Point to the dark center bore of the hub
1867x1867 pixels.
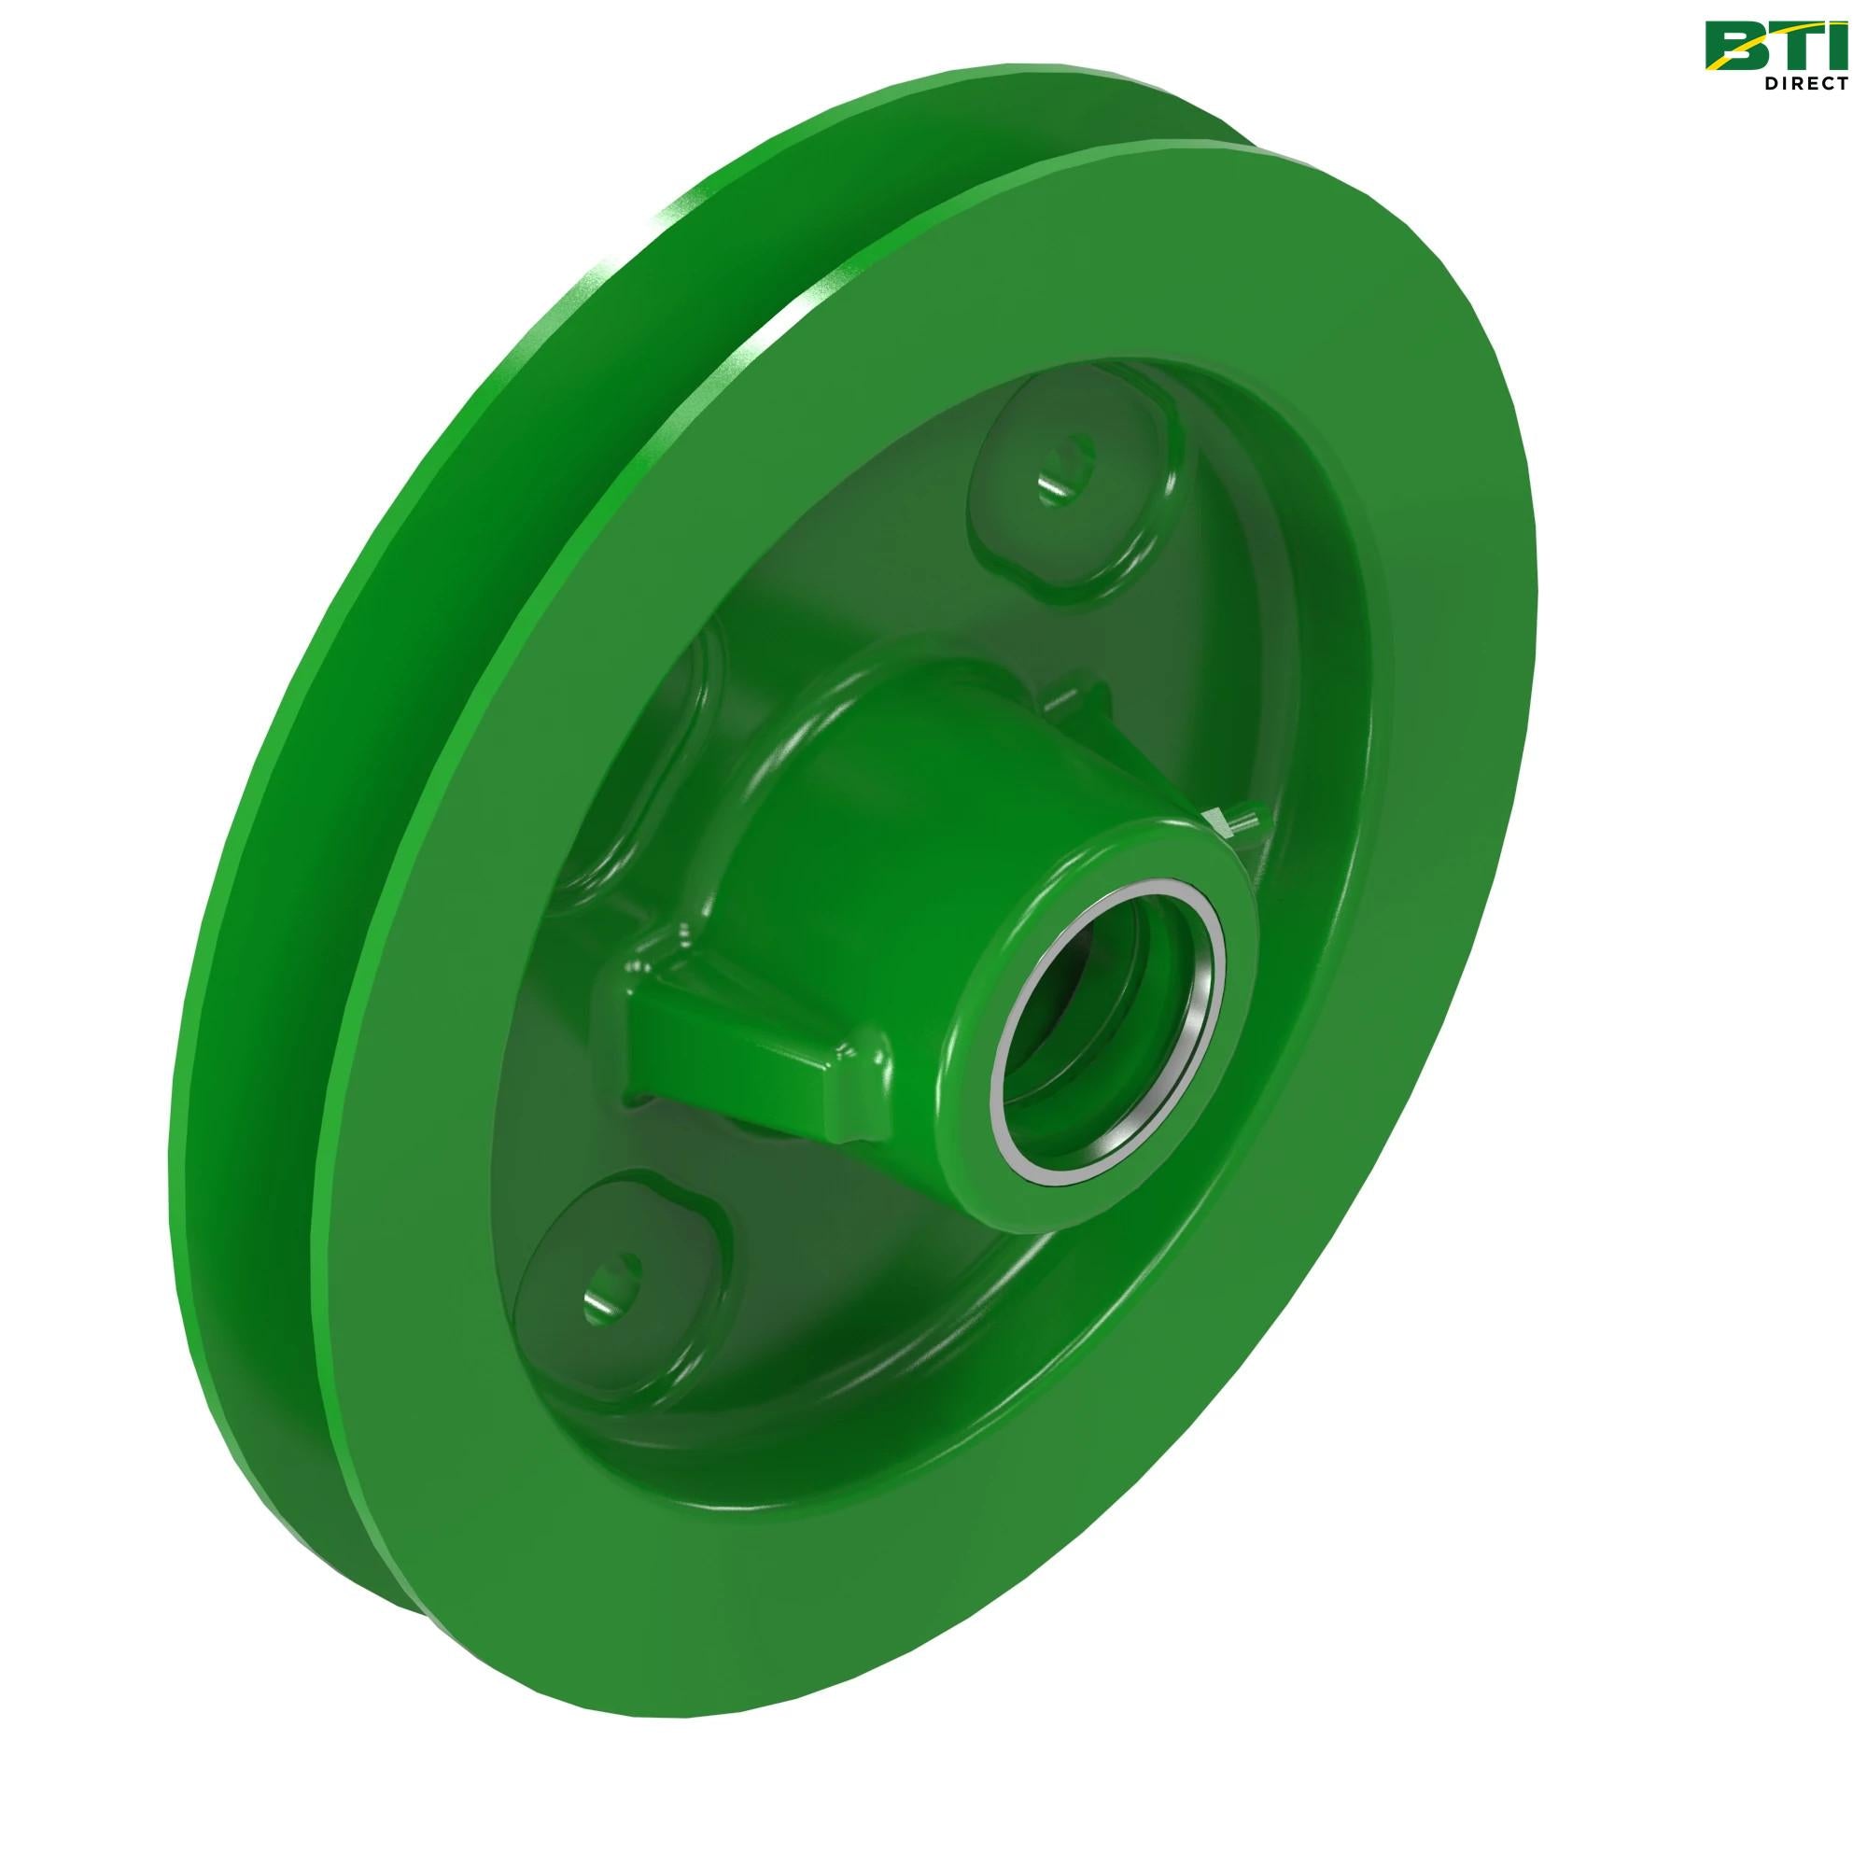coord(1111,995)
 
